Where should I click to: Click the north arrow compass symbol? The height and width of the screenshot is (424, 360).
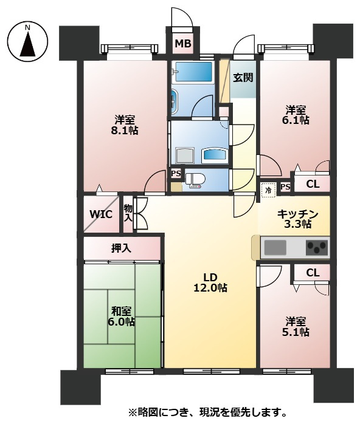tap(27, 44)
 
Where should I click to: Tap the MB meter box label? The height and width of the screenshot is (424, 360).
tap(183, 43)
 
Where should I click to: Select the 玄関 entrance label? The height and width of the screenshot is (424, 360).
tap(243, 78)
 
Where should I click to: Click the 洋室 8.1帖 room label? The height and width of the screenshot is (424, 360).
tap(125, 125)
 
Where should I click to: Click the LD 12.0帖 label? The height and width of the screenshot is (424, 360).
tap(210, 282)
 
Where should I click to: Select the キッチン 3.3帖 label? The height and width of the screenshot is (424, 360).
tap(297, 219)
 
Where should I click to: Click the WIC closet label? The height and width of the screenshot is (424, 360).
tap(101, 214)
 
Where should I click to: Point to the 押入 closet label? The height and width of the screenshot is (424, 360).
tap(121, 248)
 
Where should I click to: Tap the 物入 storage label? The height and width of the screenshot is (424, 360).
tap(128, 213)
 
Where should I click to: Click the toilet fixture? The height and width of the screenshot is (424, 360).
tap(195, 180)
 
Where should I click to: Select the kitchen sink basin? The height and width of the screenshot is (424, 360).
tap(275, 247)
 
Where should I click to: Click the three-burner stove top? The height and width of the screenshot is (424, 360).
tap(316, 247)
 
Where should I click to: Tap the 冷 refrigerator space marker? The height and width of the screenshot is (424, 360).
tap(269, 190)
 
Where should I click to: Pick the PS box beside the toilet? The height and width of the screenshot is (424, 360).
tap(176, 173)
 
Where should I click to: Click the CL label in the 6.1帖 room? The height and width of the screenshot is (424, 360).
tap(313, 184)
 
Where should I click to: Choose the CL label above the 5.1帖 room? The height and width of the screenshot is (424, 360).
tap(313, 273)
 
